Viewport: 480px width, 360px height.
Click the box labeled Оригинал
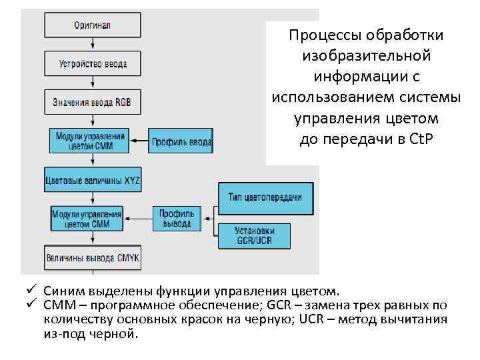[x=92, y=25]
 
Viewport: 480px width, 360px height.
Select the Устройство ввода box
[x=92, y=64]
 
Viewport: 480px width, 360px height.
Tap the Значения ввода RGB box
[x=92, y=103]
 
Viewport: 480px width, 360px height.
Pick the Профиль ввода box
[x=180, y=141]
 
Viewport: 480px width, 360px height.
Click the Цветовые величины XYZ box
[x=92, y=180]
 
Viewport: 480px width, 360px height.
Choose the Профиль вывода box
[x=176, y=218]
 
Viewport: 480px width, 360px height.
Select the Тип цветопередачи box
[x=265, y=197]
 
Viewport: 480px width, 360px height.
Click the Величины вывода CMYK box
[x=92, y=257]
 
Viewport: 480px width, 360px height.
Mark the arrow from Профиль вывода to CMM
[x=140, y=218]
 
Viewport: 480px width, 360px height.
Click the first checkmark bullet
[x=30, y=291]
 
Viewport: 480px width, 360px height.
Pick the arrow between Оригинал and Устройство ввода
[x=92, y=45]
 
